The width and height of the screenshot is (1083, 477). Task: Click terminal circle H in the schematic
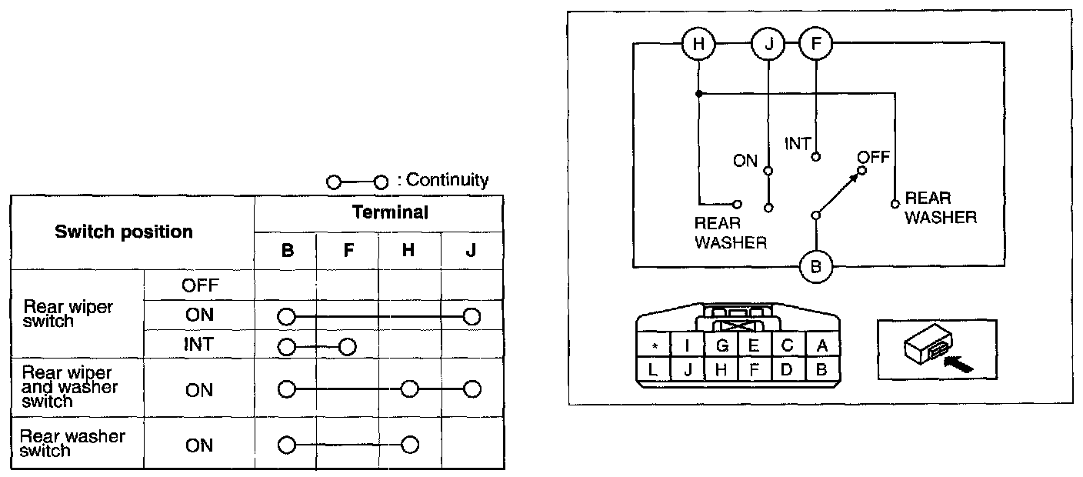[x=698, y=43]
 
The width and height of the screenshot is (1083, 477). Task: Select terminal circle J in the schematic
[x=768, y=43]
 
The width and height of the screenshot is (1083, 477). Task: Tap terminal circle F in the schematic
[x=815, y=43]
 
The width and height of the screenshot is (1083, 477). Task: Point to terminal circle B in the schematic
[x=815, y=267]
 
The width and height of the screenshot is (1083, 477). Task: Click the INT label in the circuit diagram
[x=798, y=143]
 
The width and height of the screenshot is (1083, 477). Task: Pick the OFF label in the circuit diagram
[x=875, y=157]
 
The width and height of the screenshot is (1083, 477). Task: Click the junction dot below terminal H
[x=698, y=94]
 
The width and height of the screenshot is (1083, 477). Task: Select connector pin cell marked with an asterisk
[x=653, y=346]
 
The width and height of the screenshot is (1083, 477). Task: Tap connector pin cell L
[x=653, y=370]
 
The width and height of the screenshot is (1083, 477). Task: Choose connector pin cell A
[x=821, y=346]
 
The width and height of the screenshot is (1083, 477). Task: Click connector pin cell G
[x=721, y=346]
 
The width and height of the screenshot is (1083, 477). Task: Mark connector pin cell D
[x=788, y=370]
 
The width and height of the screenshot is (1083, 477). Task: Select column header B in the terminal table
[x=286, y=250]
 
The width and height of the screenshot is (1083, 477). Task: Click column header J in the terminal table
[x=472, y=250]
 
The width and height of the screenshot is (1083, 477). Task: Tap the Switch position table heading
[x=124, y=232]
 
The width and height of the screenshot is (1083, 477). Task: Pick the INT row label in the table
[x=198, y=345]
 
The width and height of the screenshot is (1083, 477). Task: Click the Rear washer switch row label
[x=72, y=444]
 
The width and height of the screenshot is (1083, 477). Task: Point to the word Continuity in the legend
[x=447, y=180]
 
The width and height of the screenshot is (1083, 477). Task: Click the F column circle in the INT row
[x=347, y=346]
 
